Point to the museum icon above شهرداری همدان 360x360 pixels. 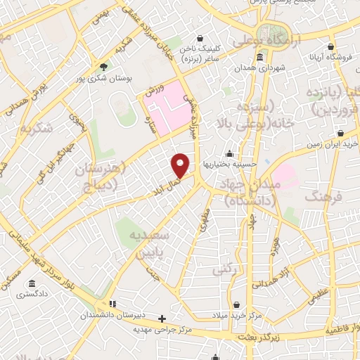[x=260, y=57]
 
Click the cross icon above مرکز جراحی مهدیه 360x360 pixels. [x=163, y=319]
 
